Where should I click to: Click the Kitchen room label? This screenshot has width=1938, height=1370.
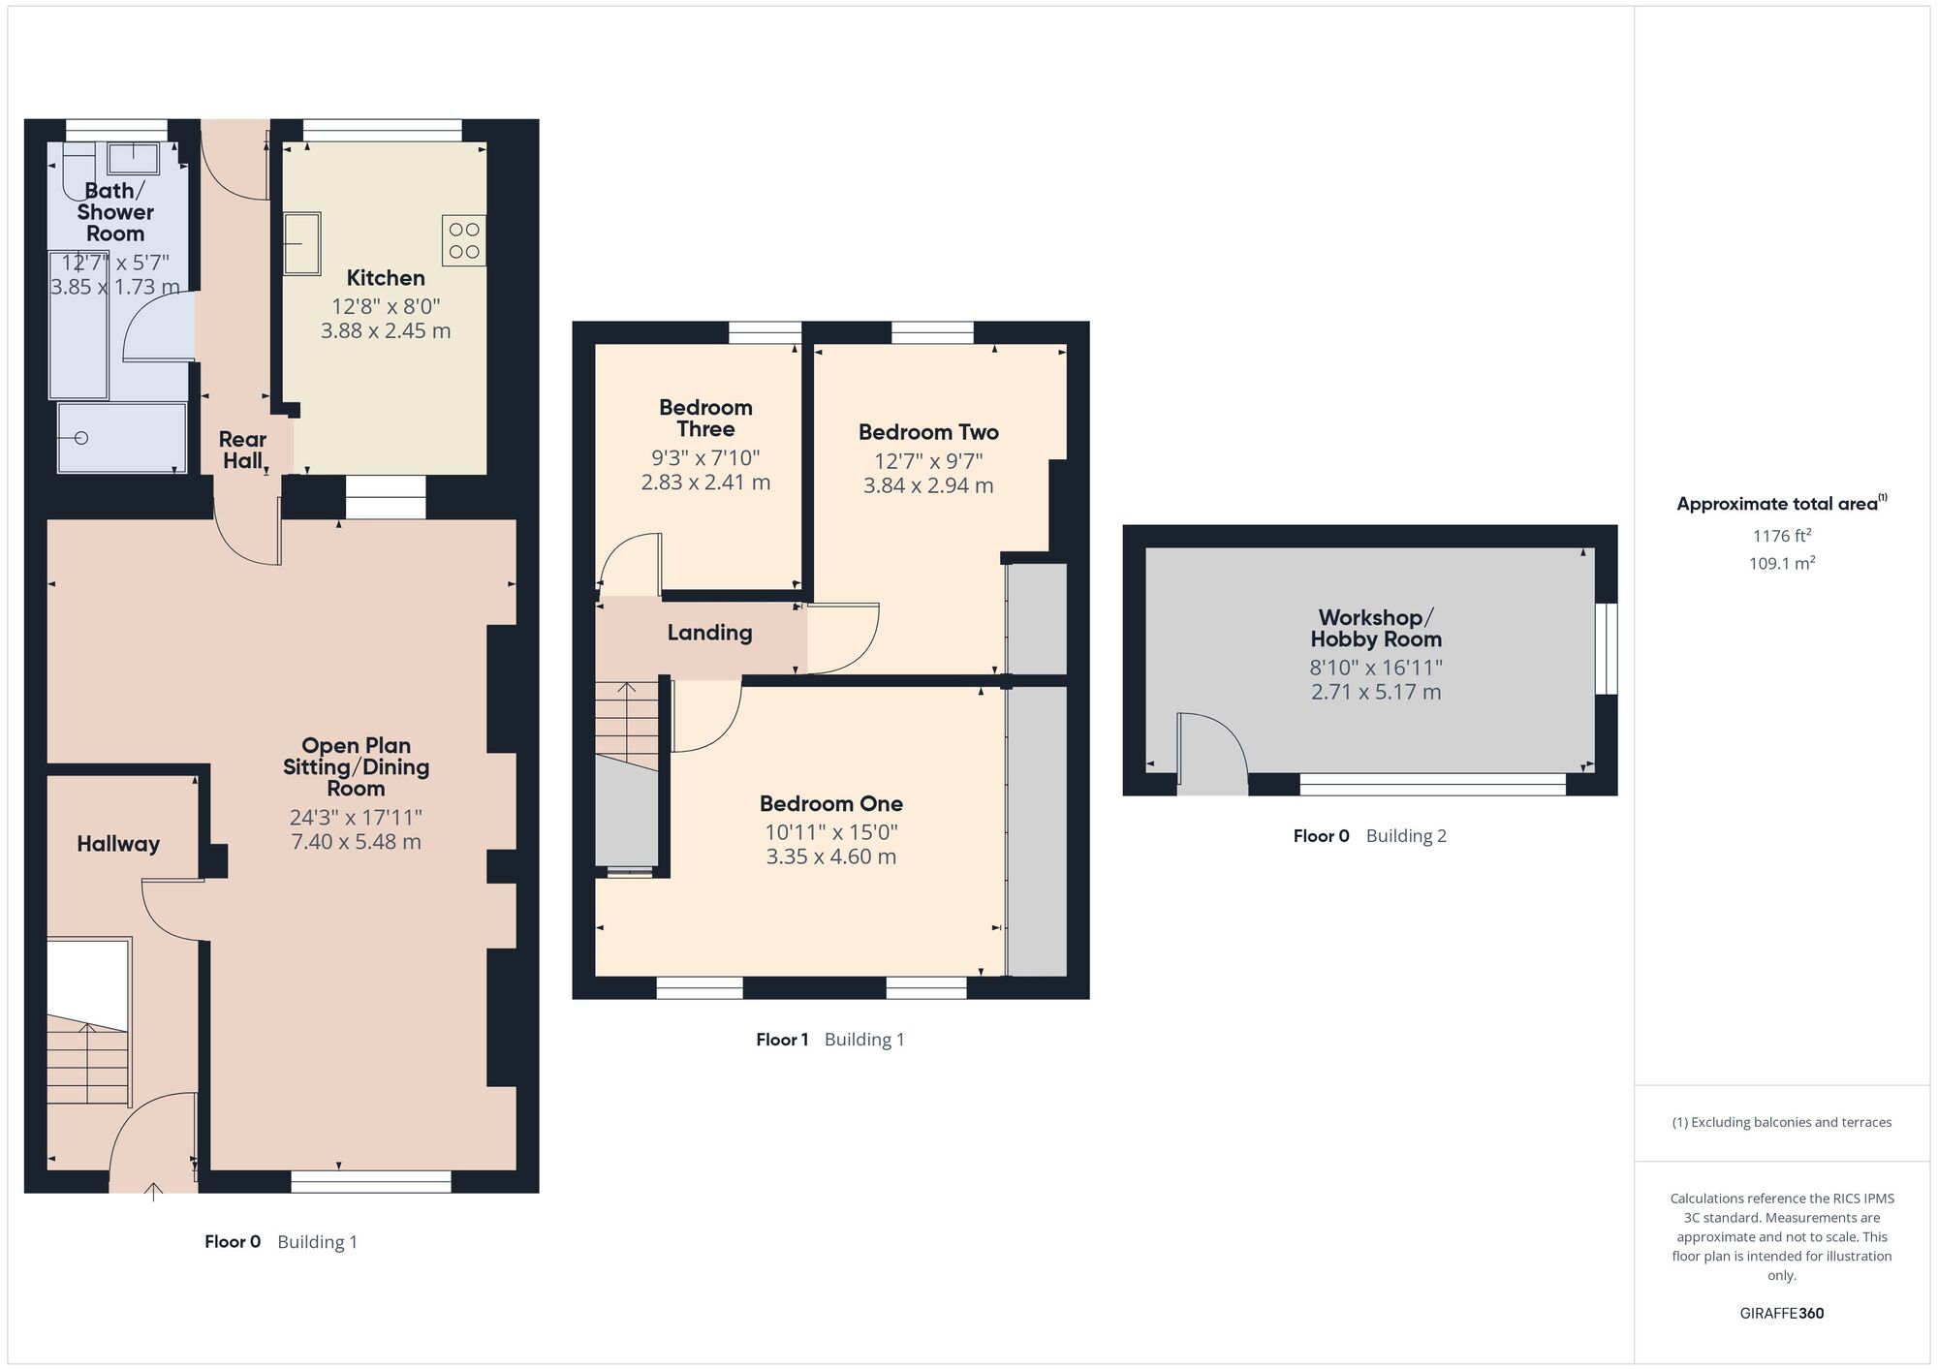point(386,278)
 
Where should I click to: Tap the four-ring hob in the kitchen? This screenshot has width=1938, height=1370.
point(464,240)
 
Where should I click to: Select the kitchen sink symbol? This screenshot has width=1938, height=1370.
point(302,244)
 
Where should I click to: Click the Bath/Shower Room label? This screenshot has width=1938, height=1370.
point(115,212)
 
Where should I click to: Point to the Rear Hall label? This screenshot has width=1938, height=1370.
point(242,450)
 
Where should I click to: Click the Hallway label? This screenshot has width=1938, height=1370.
point(118,844)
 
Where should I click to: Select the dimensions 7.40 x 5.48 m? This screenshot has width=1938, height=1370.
point(356,842)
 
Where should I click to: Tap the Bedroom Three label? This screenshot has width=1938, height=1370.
point(705,418)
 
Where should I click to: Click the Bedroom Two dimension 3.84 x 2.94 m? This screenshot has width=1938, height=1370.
point(928,485)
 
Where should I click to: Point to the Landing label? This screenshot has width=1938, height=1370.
point(709,633)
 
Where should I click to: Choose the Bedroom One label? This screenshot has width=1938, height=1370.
point(831,803)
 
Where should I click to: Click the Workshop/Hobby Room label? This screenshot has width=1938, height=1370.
point(1376,628)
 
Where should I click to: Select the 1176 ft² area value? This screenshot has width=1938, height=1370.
point(1781,535)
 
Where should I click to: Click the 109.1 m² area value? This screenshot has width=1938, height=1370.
point(1781,563)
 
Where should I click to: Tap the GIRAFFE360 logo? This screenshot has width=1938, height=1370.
point(1781,1313)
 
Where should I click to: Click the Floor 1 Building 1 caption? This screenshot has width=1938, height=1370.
point(830,1040)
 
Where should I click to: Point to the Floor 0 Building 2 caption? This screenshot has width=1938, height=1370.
point(1369,836)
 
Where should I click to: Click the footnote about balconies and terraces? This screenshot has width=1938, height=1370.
point(1781,1122)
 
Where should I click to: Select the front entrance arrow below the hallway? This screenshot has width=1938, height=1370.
point(153,1191)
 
